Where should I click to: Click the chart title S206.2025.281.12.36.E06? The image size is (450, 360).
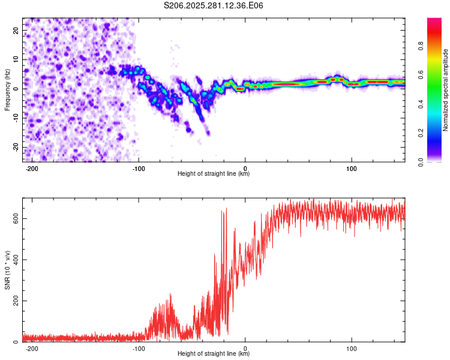tap(213, 5)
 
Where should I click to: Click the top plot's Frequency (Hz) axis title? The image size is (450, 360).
tap(7, 90)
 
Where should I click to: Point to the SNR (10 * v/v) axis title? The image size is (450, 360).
tap(7, 270)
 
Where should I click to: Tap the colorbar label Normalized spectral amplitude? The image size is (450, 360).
tap(445, 90)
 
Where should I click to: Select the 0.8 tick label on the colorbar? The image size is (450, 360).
tap(421, 46)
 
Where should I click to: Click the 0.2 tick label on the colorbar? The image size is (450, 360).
tap(421, 133)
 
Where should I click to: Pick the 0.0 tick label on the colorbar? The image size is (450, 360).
tap(421, 162)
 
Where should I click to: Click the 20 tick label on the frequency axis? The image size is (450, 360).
tap(16, 31)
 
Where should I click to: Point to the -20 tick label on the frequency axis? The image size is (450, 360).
tap(16, 147)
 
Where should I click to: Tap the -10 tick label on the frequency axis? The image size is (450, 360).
tap(16, 118)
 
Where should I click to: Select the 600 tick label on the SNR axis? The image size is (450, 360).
tap(16, 219)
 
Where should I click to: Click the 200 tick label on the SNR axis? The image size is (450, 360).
tap(16, 301)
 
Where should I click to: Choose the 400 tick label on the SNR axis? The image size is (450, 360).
tap(16, 260)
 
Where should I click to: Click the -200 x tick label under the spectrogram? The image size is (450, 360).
tap(32, 169)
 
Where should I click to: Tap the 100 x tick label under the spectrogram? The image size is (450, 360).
tap(352, 169)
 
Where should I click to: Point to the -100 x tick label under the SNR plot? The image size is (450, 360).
tap(139, 349)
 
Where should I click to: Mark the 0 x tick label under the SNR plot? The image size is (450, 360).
tap(245, 349)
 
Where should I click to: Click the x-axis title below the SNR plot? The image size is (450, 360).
tap(214, 353)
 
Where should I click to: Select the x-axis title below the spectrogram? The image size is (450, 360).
tap(214, 173)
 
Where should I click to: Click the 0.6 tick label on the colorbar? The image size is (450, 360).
tap(421, 75)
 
